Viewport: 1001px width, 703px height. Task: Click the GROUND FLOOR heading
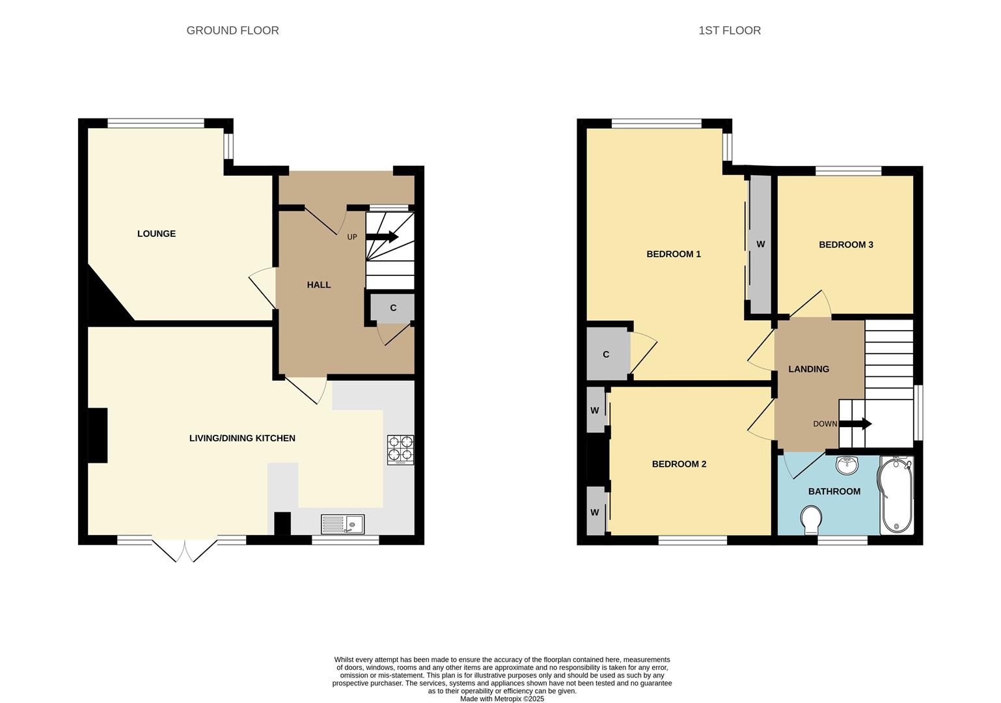click(x=232, y=31)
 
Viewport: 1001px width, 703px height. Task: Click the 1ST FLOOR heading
click(x=729, y=31)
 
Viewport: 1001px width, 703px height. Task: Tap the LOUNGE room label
click(x=156, y=234)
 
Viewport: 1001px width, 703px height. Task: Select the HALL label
click(x=319, y=284)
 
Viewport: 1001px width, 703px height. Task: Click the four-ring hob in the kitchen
click(x=400, y=449)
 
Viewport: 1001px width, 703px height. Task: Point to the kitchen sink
click(x=342, y=524)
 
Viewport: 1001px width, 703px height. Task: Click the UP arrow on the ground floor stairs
click(x=382, y=237)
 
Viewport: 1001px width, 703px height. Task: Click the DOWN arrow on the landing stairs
click(x=855, y=424)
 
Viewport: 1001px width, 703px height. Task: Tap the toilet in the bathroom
click(x=810, y=521)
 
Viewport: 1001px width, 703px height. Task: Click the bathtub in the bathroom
click(x=897, y=495)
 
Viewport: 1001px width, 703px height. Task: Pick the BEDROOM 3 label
click(x=845, y=245)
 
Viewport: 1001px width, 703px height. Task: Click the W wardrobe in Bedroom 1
click(x=760, y=245)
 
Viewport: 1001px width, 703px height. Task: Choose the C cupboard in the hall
click(x=392, y=308)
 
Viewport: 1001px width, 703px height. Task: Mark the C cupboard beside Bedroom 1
click(x=607, y=355)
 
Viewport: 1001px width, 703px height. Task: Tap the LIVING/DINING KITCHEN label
click(x=242, y=438)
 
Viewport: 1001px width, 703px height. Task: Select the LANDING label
click(x=808, y=369)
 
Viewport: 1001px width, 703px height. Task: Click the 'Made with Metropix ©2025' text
click(x=502, y=699)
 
